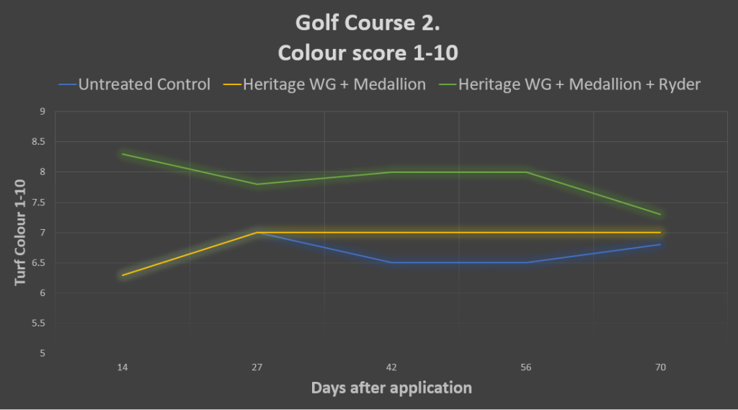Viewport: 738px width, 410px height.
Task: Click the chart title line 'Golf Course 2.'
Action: coord(368,24)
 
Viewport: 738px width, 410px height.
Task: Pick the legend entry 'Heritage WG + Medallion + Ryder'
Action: coord(579,84)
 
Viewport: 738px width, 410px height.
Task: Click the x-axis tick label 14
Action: coord(123,367)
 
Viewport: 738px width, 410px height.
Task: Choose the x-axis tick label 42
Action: coord(391,367)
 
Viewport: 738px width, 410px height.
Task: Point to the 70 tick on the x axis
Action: coord(660,367)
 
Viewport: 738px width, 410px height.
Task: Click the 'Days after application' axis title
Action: coord(391,388)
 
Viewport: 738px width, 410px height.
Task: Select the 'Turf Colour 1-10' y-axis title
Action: coord(21,232)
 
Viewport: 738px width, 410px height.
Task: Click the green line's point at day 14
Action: coord(123,154)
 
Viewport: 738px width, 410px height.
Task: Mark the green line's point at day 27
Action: coord(257,184)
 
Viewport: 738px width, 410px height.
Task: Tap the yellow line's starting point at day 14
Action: coord(123,275)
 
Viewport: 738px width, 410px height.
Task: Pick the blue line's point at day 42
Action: coord(391,262)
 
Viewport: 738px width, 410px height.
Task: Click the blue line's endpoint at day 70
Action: coord(660,244)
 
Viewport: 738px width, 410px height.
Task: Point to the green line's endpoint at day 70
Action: coord(660,214)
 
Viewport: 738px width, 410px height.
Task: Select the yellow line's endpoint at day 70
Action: coord(660,232)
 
